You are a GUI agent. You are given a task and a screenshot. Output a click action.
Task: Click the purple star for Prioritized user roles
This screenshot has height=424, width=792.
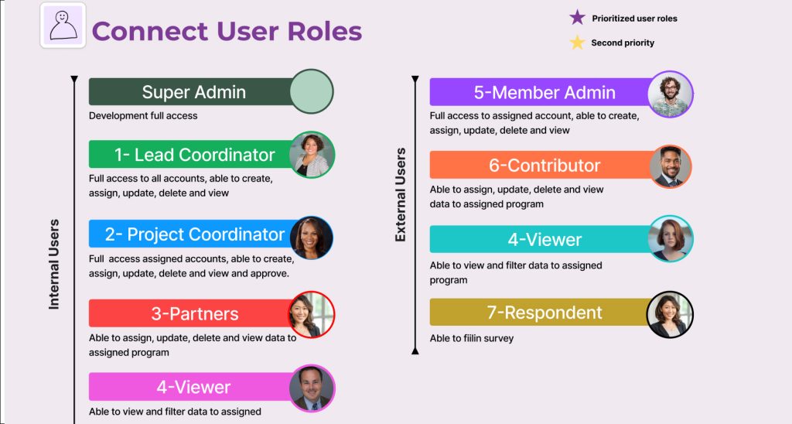coord(577,18)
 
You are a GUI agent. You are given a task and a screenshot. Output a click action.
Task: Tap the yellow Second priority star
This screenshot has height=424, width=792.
coord(577,43)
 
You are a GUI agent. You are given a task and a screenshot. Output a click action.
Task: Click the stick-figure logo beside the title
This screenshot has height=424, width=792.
coord(63,26)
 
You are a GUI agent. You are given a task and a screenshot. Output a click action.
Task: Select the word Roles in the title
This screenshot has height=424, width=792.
coord(325,31)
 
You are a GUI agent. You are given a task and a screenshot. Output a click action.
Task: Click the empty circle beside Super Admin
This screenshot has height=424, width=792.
coord(312,91)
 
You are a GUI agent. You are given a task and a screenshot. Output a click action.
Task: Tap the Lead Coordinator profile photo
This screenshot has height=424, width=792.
coord(312,155)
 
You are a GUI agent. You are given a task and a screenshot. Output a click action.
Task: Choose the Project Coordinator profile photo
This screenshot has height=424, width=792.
coord(311,238)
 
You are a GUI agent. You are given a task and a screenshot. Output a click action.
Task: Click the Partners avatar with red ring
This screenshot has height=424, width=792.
coord(312,314)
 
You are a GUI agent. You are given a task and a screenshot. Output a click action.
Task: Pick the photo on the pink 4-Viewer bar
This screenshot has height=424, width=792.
coord(312,388)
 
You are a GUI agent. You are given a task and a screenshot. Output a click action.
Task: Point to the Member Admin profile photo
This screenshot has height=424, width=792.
coord(671,94)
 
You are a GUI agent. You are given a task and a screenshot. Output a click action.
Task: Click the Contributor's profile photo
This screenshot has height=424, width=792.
coord(671,167)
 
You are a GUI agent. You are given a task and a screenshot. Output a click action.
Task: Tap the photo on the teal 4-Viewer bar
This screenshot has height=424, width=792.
coord(671,239)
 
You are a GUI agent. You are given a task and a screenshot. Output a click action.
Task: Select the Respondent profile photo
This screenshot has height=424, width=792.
coord(671,314)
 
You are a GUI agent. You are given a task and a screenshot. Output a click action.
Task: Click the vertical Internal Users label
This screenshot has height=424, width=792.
coord(54,264)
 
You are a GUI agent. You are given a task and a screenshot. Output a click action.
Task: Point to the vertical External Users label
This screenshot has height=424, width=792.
coord(401,194)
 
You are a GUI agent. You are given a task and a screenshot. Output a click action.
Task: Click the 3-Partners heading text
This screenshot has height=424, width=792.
coord(194,314)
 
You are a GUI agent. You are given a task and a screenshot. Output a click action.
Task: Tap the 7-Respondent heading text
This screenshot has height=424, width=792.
coord(544,313)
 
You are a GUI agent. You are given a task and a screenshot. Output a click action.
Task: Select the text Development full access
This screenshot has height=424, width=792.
coord(143,116)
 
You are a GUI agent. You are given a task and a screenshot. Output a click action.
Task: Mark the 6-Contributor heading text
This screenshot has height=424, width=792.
coord(544,166)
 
